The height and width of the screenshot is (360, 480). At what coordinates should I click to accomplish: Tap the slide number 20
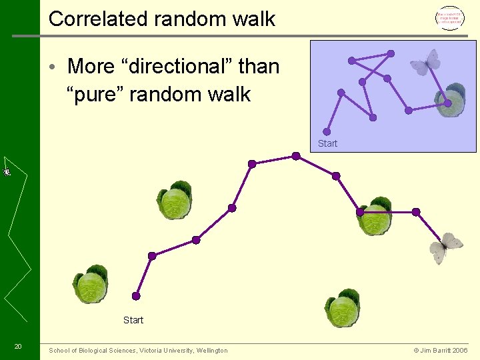(18, 346)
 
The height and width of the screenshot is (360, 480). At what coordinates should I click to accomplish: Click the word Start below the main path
(133, 320)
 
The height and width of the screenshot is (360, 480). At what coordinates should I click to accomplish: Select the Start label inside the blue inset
(327, 143)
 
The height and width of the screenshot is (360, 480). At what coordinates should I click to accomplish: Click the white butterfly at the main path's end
(446, 247)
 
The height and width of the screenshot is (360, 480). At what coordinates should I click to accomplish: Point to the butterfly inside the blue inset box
(425, 63)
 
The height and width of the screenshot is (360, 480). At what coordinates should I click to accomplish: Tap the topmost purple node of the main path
(296, 156)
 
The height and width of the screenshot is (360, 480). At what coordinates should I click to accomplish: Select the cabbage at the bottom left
(91, 285)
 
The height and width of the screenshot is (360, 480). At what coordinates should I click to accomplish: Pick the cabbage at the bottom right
(343, 309)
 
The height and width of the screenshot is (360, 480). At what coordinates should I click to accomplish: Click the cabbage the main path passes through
(375, 217)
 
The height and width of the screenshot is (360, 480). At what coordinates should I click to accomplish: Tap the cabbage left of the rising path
(175, 201)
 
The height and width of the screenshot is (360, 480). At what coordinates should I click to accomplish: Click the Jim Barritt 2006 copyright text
(441, 351)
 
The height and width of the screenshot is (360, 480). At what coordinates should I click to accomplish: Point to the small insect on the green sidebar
(7, 171)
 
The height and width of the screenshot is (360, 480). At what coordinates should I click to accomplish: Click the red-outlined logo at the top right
(449, 19)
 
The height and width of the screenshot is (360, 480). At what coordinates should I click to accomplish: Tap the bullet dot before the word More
(59, 67)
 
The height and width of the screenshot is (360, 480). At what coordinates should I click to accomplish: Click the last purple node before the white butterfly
(416, 212)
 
